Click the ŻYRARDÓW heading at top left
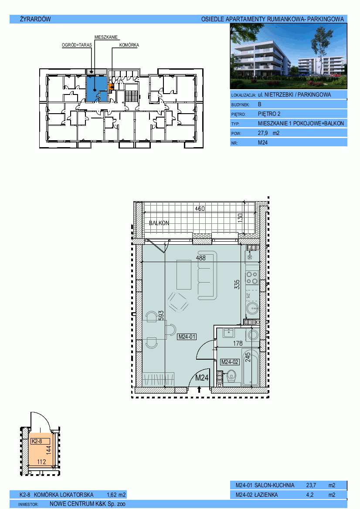[x=35, y=19]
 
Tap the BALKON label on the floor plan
[x=159, y=223]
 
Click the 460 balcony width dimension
[x=200, y=209]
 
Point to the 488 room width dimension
[x=201, y=258]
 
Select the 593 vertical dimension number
[x=161, y=316]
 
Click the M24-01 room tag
[x=187, y=337]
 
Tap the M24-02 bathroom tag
[x=230, y=362]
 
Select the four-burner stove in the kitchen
[x=252, y=277]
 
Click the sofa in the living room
[x=207, y=275]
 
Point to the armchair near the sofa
[x=178, y=302]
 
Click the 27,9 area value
[x=263, y=133]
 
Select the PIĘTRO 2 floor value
[x=269, y=114]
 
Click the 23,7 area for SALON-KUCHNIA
[x=311, y=485]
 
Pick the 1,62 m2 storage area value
[x=116, y=495]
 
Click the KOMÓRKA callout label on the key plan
[x=129, y=45]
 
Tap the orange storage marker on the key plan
[x=111, y=87]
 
